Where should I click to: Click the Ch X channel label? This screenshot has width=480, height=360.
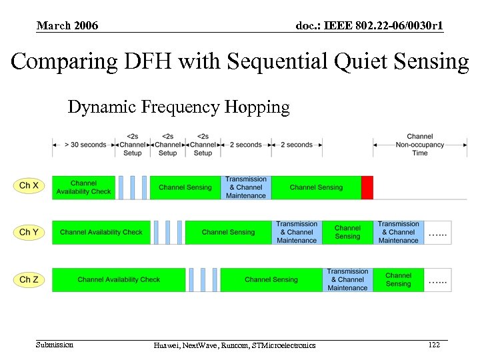pos(29,185)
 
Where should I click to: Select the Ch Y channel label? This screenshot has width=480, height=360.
pos(29,232)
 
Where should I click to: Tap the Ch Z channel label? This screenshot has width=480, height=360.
pos(29,279)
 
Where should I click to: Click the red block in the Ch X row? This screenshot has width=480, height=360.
pos(367,187)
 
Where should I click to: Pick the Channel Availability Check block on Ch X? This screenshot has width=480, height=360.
pos(83,187)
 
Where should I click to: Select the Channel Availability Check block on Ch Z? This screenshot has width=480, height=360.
pos(119,279)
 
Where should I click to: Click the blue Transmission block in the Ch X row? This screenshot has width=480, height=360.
pos(246,187)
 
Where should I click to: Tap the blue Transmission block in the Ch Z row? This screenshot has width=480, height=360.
pos(347,279)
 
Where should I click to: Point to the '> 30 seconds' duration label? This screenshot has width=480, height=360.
pos(85,145)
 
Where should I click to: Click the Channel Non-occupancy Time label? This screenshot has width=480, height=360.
pos(419,145)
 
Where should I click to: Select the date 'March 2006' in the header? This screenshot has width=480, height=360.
pos(67,26)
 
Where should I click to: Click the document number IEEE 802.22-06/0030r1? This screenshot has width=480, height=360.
pos(369,26)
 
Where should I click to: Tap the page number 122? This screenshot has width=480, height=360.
pos(434,345)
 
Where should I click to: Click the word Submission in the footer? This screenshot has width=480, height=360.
pos(55,345)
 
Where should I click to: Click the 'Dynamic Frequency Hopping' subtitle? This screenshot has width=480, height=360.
pos(179,107)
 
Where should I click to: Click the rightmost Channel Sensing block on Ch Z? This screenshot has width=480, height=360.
pos(398,279)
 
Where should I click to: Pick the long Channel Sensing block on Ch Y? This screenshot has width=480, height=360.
pos(228,232)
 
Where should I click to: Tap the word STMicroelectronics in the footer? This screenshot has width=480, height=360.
pos(282,345)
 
